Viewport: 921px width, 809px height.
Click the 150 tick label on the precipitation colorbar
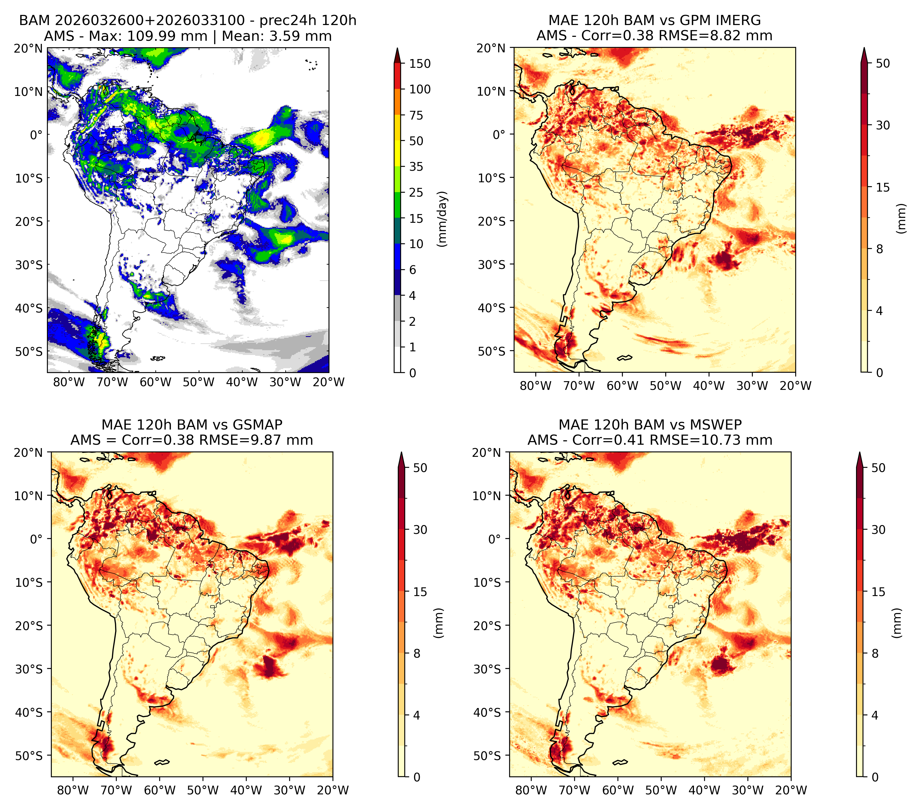pos(419,64)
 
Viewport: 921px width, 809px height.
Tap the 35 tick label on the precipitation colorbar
pos(416,167)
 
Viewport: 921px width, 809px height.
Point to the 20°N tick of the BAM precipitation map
pos(28,48)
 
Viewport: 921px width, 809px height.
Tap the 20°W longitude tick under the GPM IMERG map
pos(795,386)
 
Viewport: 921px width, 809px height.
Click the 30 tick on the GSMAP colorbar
pos(420,529)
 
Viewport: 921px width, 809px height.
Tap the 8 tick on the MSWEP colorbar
pos(875,653)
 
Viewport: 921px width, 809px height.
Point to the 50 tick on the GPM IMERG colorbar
pos(883,64)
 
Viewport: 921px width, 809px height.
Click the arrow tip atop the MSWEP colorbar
pos(860,453)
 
